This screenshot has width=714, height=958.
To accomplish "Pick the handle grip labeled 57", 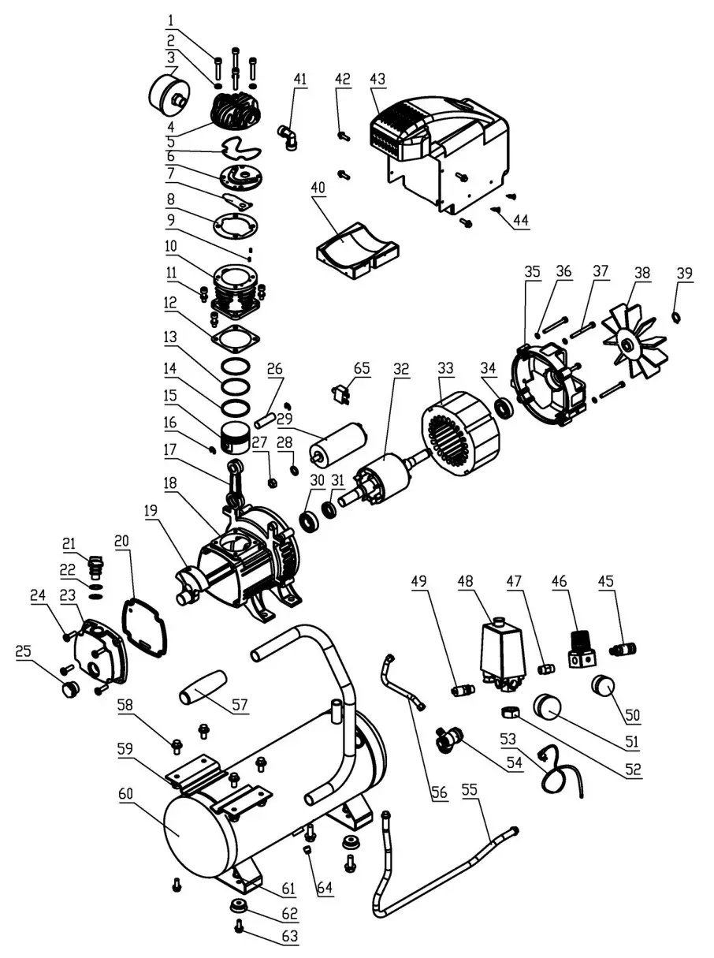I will [203, 688].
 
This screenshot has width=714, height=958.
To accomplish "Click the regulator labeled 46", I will [582, 649].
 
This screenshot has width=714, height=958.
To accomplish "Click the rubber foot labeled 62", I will [236, 907].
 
